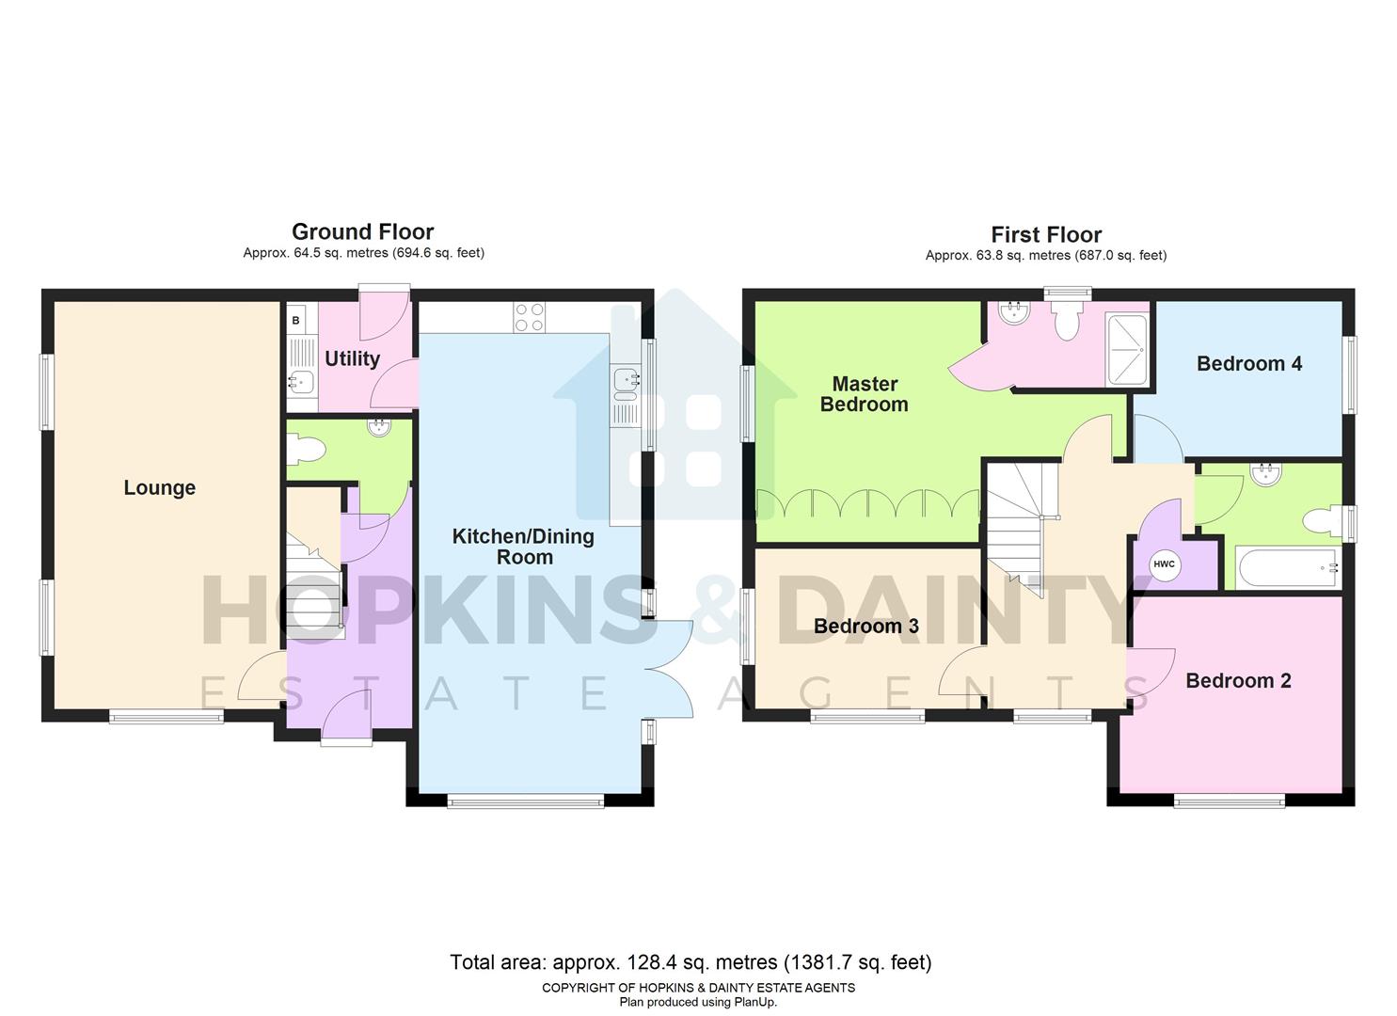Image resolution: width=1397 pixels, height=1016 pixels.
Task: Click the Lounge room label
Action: [x=159, y=487]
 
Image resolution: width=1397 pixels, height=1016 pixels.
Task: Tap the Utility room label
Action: [x=352, y=358]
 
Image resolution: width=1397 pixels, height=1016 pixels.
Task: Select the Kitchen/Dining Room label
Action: [x=523, y=547]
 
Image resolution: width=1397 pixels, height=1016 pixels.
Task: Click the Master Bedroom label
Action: [x=864, y=394]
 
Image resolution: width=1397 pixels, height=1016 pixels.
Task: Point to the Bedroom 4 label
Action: [x=1248, y=364]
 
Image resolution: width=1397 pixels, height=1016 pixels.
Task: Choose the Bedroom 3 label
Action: [x=865, y=627]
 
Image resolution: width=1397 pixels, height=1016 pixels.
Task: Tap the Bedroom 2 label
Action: [x=1237, y=681]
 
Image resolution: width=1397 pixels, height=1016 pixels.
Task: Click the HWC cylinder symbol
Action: [x=1164, y=564]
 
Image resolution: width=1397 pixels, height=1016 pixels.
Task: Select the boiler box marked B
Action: [x=296, y=321]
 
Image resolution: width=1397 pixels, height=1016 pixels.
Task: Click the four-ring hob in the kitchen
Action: [x=530, y=317]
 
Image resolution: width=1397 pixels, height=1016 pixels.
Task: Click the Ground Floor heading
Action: [x=362, y=231]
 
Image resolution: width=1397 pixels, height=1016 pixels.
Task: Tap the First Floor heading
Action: [x=1045, y=234]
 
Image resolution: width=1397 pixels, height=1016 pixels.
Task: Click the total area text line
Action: [x=691, y=962]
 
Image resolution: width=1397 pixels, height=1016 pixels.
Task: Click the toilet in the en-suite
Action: [x=1066, y=323]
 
